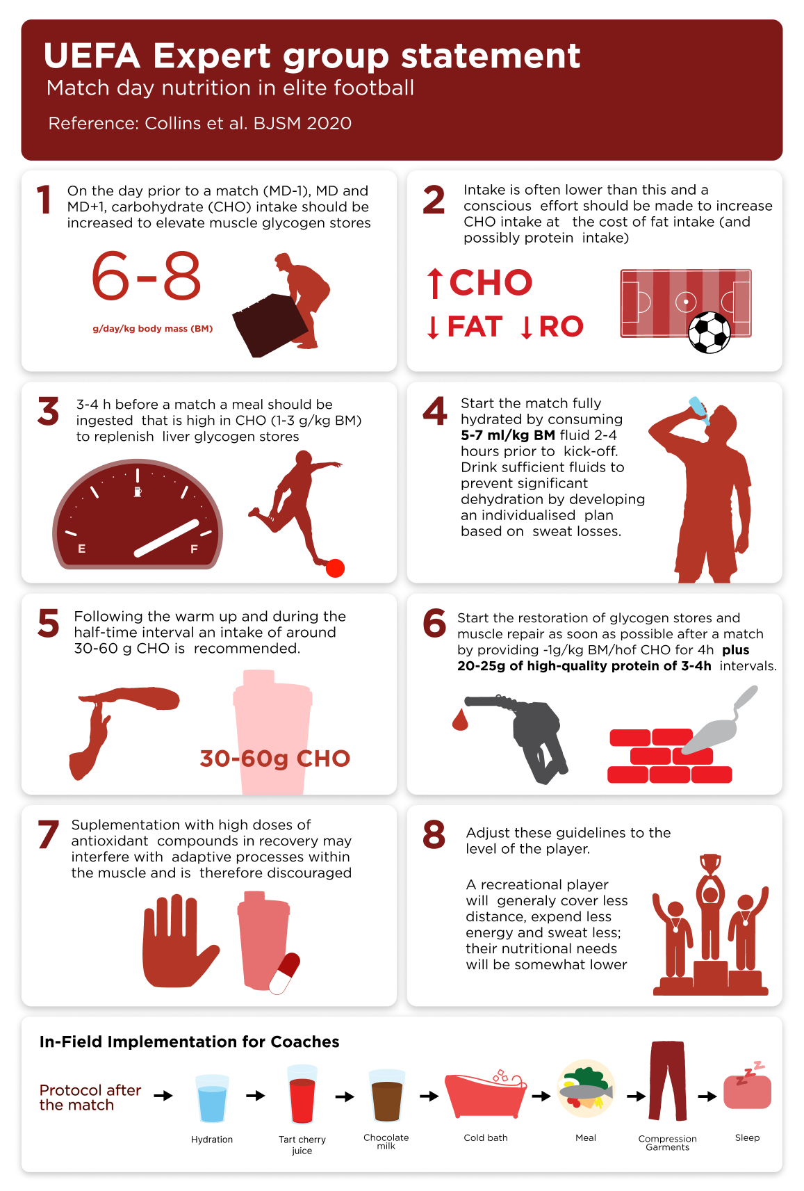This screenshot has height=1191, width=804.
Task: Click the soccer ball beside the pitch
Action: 709,332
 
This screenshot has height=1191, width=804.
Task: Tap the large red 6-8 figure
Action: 146,276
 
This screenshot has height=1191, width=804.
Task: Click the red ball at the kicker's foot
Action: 336,568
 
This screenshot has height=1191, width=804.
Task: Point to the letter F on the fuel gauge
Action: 194,549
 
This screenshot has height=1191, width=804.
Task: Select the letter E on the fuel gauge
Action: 82,549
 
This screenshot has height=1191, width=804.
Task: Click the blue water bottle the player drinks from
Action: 698,410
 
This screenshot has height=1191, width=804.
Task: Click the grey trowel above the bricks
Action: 719,723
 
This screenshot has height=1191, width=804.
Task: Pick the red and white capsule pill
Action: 284,973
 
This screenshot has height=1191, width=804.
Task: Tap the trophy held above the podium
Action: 709,864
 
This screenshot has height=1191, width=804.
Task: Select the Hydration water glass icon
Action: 212,1098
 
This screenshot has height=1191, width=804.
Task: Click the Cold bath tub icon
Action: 486,1094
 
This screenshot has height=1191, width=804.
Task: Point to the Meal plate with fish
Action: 586,1089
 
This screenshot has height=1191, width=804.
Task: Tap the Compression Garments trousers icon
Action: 668,1080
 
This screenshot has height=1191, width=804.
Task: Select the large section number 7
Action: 49,834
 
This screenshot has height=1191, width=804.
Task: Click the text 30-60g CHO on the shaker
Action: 274,759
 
